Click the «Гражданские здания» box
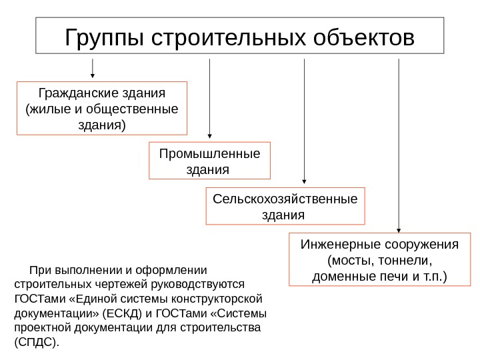[x=101, y=108]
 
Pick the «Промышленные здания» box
[x=209, y=161]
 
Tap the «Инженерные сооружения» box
[x=380, y=259]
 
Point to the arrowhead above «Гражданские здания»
[x=92, y=75]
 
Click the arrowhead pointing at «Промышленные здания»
[x=209, y=135]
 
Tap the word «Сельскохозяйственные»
[x=285, y=199]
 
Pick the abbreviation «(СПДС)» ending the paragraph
[x=37, y=343]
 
